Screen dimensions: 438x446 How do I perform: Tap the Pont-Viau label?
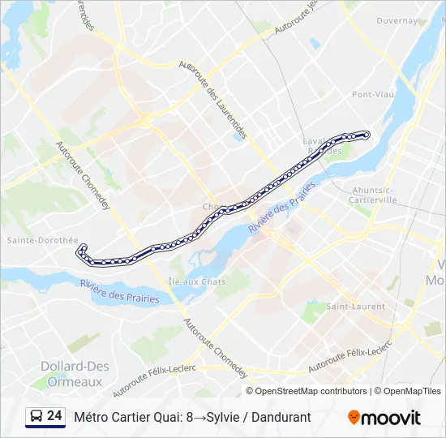(x=373, y=94)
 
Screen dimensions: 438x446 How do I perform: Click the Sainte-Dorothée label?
(x=42, y=240)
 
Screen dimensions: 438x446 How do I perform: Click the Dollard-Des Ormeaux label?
(x=75, y=374)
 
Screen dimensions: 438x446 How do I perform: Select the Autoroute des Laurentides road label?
(x=212, y=101)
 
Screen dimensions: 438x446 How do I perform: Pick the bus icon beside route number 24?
(x=36, y=416)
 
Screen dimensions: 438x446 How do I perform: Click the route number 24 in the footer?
(x=54, y=416)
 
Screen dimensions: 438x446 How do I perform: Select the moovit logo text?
(x=391, y=418)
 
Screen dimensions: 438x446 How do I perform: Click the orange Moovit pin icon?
(x=354, y=417)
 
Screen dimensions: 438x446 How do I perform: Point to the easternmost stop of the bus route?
(x=367, y=134)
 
